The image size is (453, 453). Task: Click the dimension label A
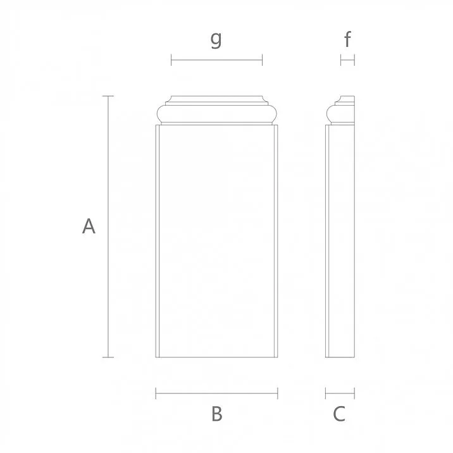pyautogui.click(x=89, y=226)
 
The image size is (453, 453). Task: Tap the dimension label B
pyautogui.click(x=216, y=414)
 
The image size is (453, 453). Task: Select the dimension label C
pyautogui.click(x=339, y=414)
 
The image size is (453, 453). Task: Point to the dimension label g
pyautogui.click(x=216, y=39)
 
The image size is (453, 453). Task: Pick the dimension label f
pyautogui.click(x=347, y=40)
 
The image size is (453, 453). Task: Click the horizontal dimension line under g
pyautogui.click(x=216, y=61)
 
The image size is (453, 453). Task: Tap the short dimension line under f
pyautogui.click(x=347, y=60)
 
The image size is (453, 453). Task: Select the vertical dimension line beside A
pyautogui.click(x=108, y=226)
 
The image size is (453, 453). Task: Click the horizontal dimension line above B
pyautogui.click(x=216, y=394)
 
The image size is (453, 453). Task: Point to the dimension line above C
pyautogui.click(x=340, y=394)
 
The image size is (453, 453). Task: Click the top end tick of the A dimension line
pyautogui.click(x=108, y=96)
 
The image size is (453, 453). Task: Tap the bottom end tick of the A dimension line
pyautogui.click(x=108, y=357)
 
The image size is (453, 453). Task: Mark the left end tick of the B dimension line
pyautogui.click(x=156, y=394)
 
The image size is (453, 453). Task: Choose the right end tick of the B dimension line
pyautogui.click(x=277, y=394)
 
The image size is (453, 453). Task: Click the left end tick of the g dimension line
pyautogui.click(x=171, y=61)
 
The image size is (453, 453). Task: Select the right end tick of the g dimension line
pyautogui.click(x=262, y=61)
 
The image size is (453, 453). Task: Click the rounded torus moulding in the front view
pyautogui.click(x=216, y=115)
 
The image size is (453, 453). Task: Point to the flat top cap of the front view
pyautogui.click(x=216, y=100)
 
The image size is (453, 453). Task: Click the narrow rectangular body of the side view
pyautogui.click(x=340, y=240)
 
